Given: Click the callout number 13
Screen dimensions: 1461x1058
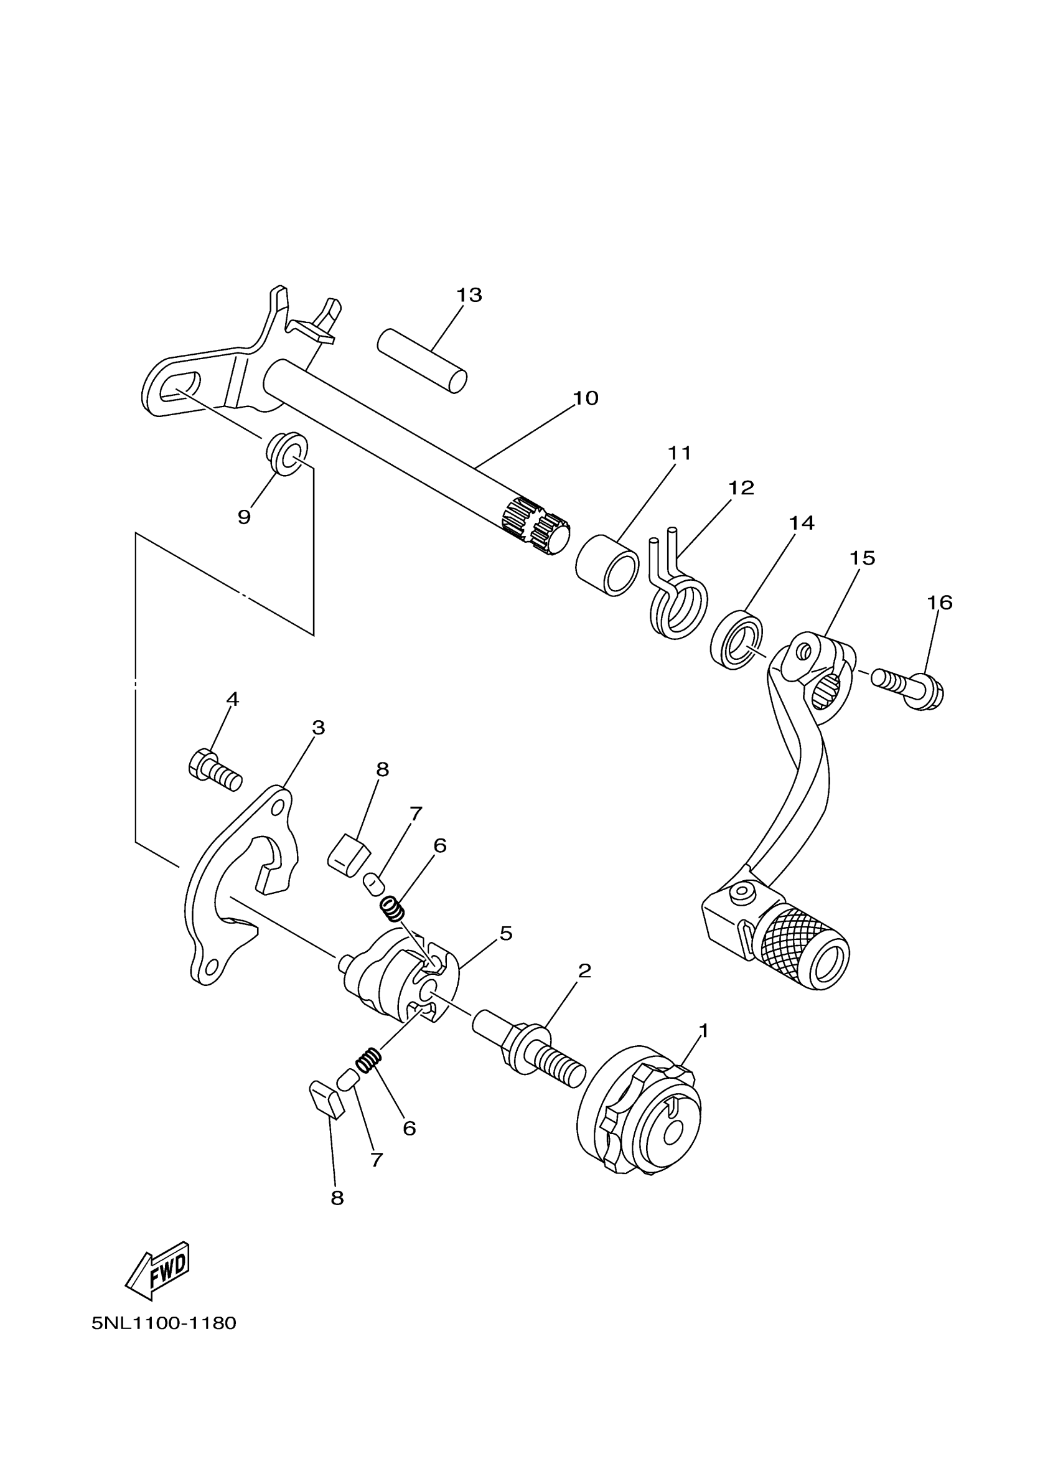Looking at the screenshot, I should click(x=469, y=295).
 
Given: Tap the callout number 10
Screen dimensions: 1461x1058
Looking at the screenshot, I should click(x=586, y=398).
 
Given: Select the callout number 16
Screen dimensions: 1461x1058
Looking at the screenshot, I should click(x=940, y=603).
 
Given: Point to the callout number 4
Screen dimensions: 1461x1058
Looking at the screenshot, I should click(x=233, y=699).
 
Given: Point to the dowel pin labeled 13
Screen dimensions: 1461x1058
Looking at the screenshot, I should click(x=422, y=361).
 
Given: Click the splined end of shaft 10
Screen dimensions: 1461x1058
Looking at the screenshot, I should click(x=535, y=525).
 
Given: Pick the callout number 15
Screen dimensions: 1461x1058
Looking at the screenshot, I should click(x=862, y=558).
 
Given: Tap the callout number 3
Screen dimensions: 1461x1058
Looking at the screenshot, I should click(x=318, y=728).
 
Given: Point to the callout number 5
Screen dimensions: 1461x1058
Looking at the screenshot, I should click(x=505, y=933).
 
